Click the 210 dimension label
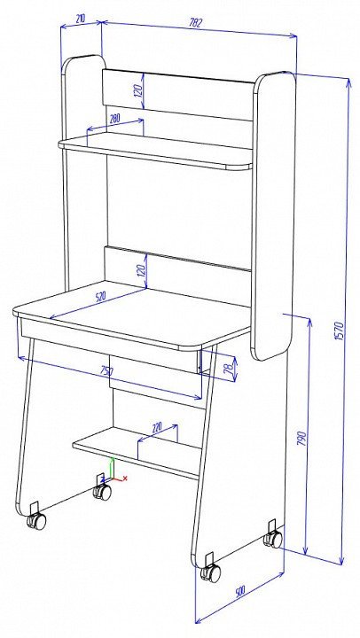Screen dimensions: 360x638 (80, 19)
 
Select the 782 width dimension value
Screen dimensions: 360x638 (195, 23)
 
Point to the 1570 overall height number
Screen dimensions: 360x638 (340, 331)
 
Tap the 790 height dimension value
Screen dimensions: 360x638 (302, 439)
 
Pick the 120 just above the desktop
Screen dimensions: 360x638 (141, 270)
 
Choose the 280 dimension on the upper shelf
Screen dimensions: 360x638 (115, 119)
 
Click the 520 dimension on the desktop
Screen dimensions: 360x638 (100, 297)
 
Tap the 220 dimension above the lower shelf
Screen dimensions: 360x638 (156, 427)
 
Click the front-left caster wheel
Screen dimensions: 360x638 (36, 521)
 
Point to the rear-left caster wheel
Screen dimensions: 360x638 (102, 493)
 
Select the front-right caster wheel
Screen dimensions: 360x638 (210, 572)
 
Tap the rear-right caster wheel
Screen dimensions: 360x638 (273, 539)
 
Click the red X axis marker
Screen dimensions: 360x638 (125, 478)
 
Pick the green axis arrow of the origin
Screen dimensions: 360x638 (113, 468)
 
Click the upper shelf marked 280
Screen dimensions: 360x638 (155, 151)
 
